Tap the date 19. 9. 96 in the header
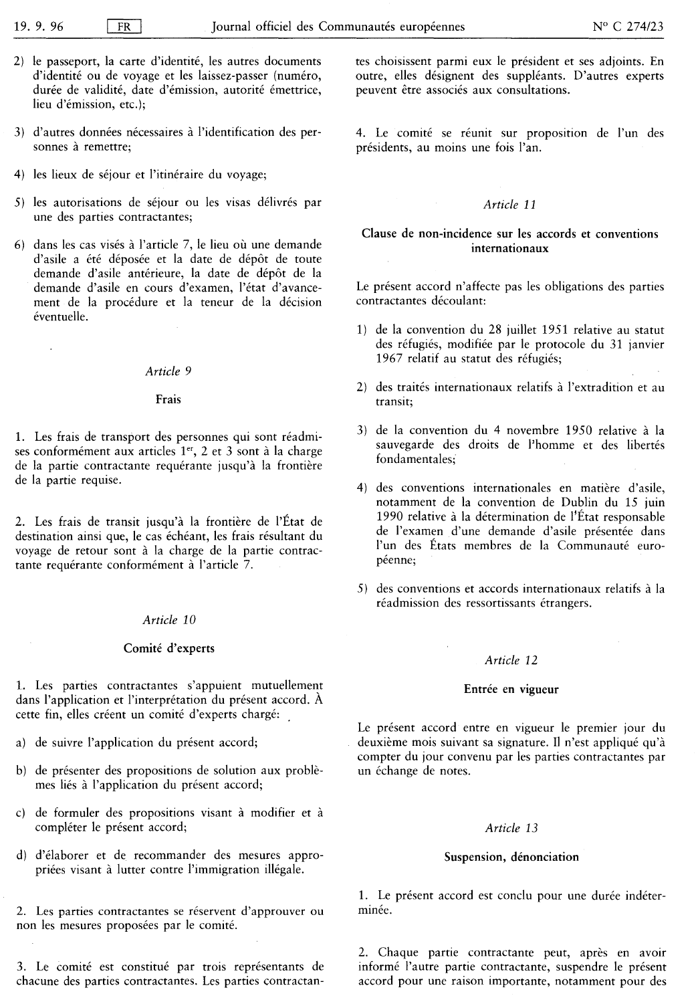tap(42, 27)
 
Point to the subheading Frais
tap(168, 399)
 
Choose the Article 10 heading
tap(169, 619)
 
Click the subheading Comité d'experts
tap(169, 647)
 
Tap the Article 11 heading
tap(510, 205)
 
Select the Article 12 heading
tap(511, 660)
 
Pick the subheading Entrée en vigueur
tap(511, 688)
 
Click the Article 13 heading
tap(511, 828)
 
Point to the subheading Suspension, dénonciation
tap(511, 856)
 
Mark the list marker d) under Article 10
tap(21, 856)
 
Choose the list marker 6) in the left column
tap(21, 245)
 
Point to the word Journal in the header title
tap(231, 27)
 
